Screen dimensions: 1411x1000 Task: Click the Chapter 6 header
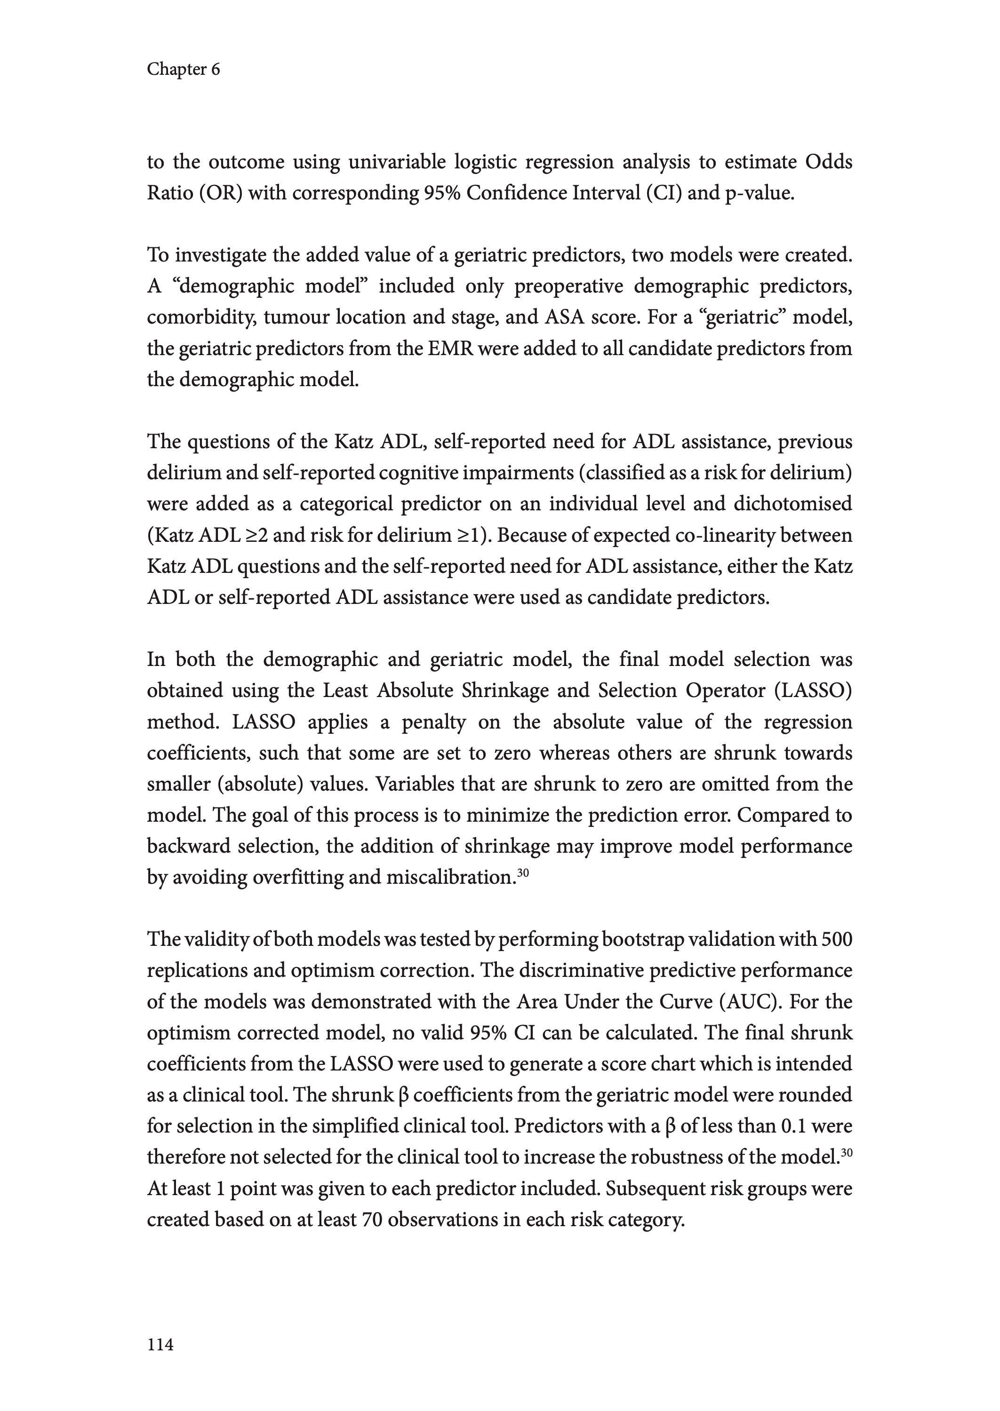183,69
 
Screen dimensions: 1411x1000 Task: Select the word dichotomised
792,504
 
